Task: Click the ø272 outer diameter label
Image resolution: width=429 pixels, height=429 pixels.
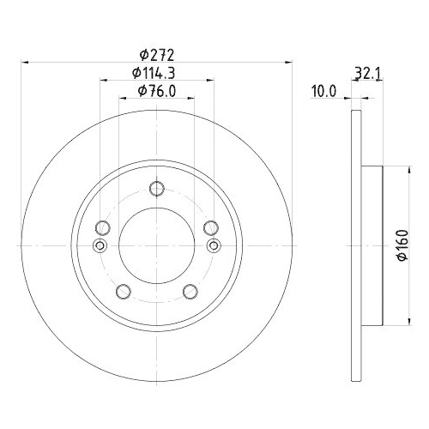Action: tap(156, 53)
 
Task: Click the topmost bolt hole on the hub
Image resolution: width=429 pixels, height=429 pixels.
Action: tap(155, 190)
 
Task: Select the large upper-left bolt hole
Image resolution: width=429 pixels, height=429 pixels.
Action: tap(102, 227)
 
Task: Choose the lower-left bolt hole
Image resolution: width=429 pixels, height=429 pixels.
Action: tap(123, 291)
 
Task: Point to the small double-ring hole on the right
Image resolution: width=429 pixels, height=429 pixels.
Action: tap(214, 247)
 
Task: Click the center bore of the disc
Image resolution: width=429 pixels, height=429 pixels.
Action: tap(155, 245)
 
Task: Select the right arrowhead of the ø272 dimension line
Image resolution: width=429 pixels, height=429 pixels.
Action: tap(287, 62)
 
